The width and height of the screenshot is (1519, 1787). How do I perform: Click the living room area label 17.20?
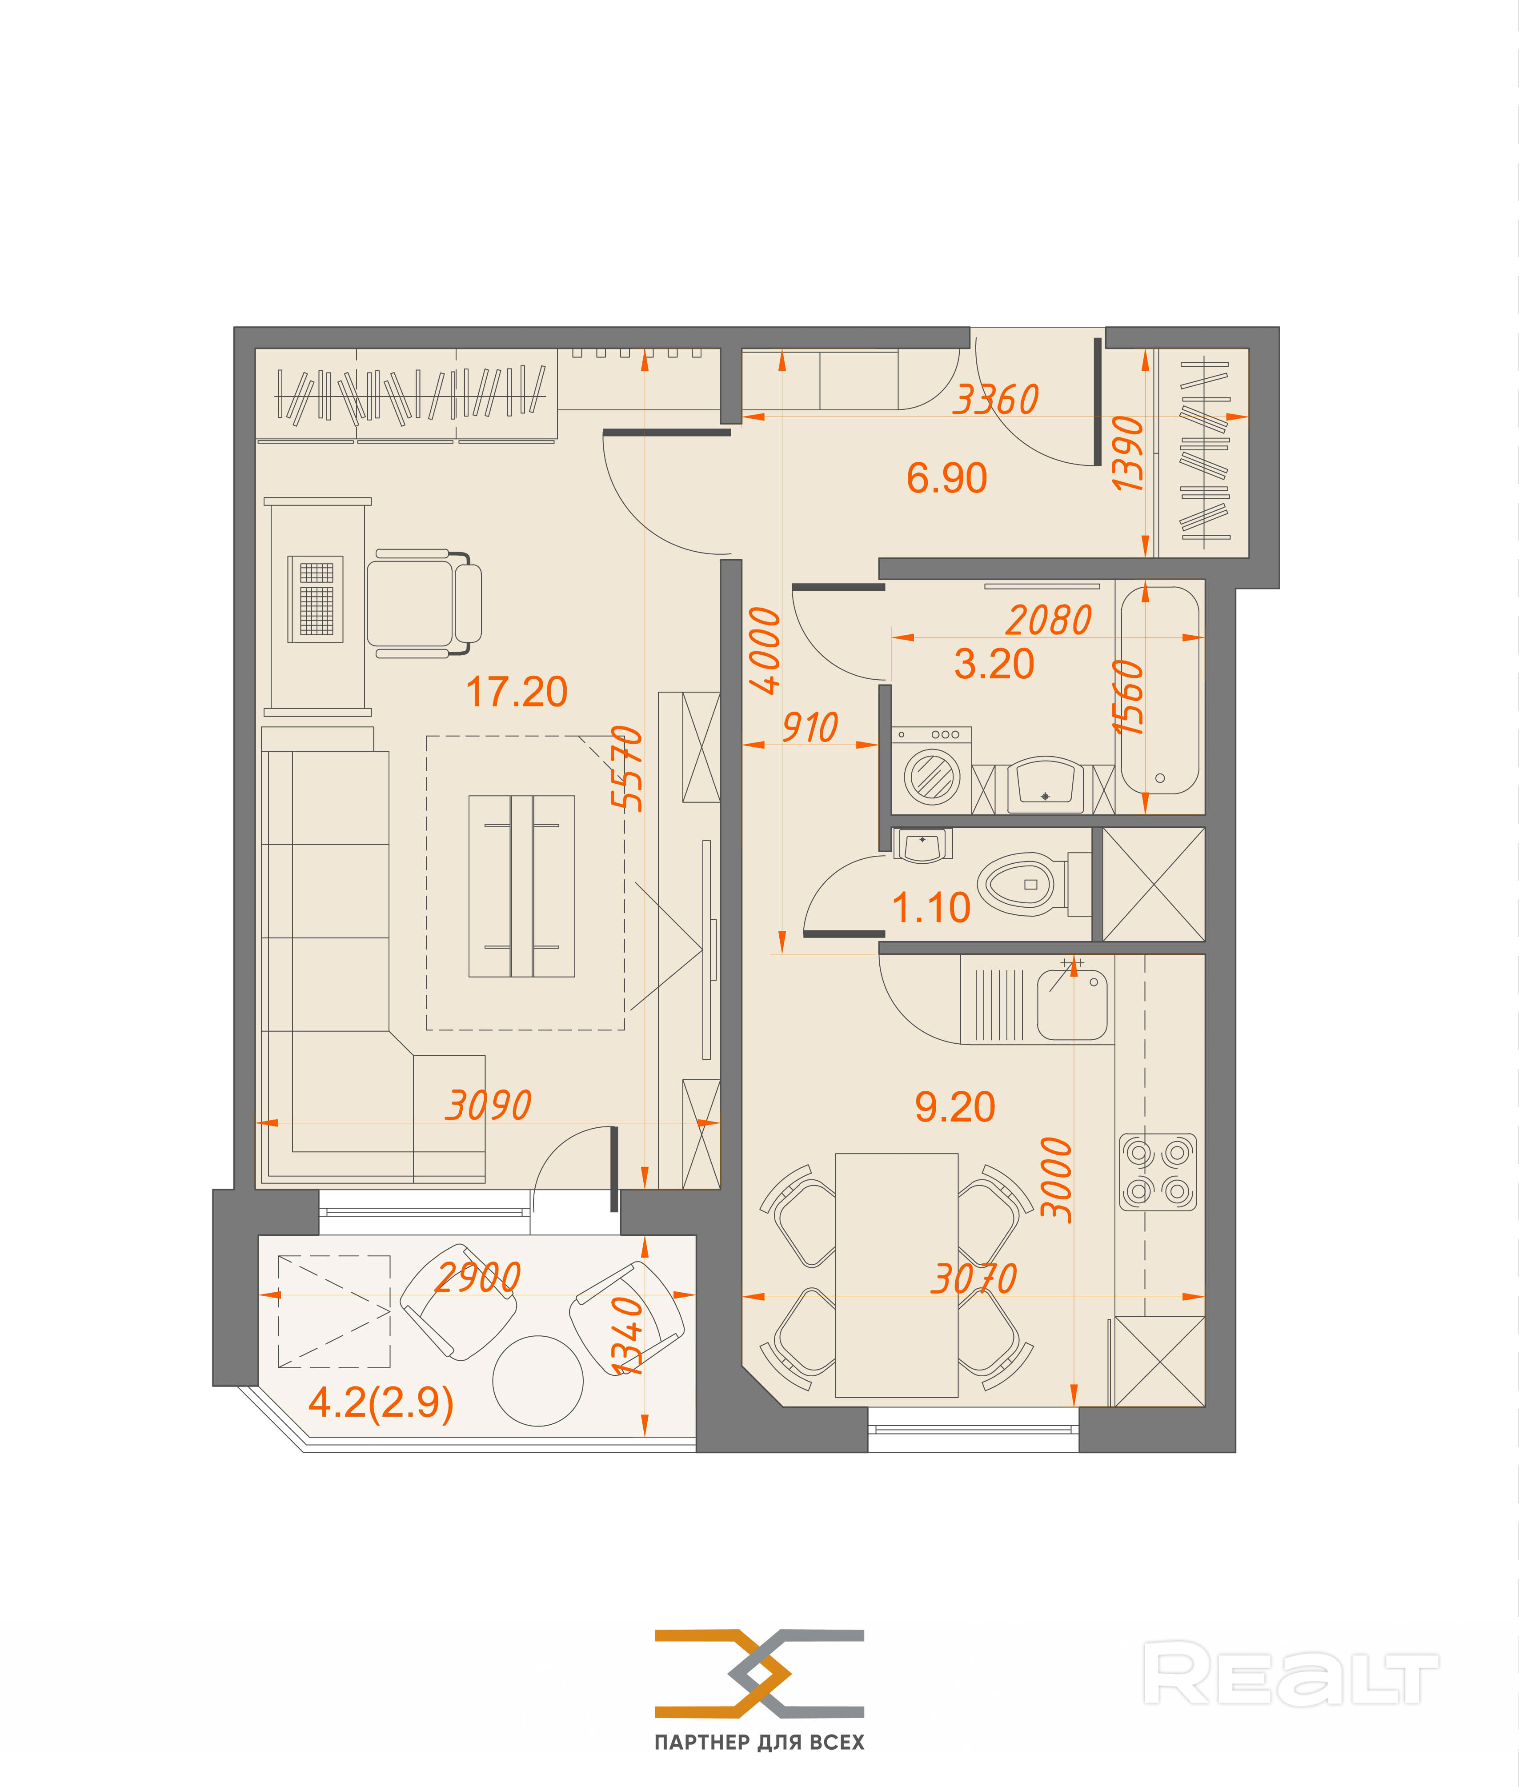517,692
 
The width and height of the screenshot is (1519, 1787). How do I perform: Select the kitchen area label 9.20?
955,1106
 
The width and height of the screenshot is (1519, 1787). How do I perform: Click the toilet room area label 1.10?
931,908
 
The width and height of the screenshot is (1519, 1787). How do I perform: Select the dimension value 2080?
1049,620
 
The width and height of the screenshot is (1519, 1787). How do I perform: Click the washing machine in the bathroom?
932,771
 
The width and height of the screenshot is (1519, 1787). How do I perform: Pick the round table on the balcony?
538,1381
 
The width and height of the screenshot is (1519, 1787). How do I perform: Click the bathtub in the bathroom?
1160,690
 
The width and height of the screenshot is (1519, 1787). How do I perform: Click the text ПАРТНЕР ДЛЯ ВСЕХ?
759,1742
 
